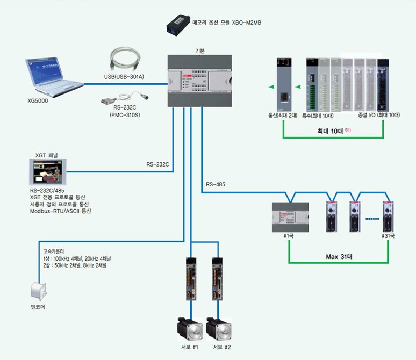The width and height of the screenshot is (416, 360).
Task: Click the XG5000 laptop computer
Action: pos(53,75)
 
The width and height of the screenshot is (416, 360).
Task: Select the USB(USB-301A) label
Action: pos(124,77)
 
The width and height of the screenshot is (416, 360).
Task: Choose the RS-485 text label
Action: pos(216,185)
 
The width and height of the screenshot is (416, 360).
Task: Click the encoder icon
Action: pos(37,290)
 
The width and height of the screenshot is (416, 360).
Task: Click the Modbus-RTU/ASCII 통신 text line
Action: pos(61,211)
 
